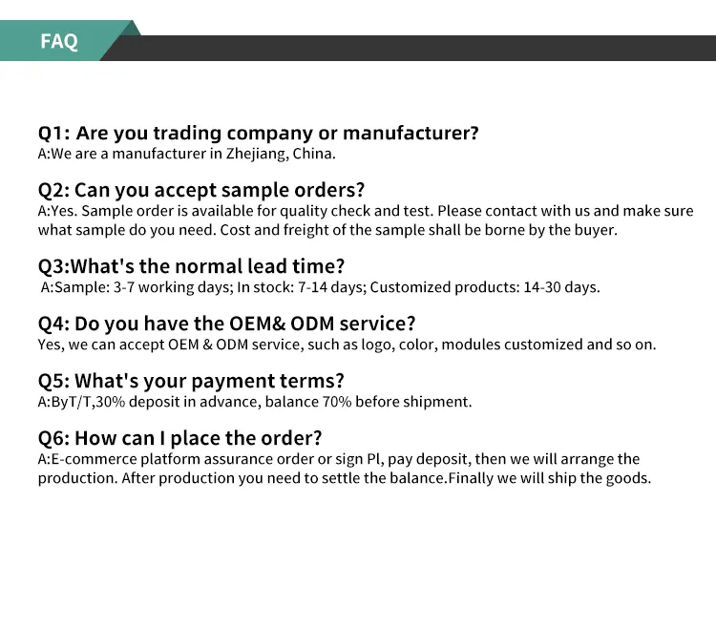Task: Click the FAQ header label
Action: (x=59, y=42)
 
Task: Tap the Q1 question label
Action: (x=52, y=134)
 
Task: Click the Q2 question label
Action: (x=52, y=191)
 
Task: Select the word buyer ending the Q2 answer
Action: (x=596, y=230)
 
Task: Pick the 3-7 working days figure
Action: (x=143, y=287)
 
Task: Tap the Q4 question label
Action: (x=52, y=324)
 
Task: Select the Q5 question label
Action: (x=52, y=382)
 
